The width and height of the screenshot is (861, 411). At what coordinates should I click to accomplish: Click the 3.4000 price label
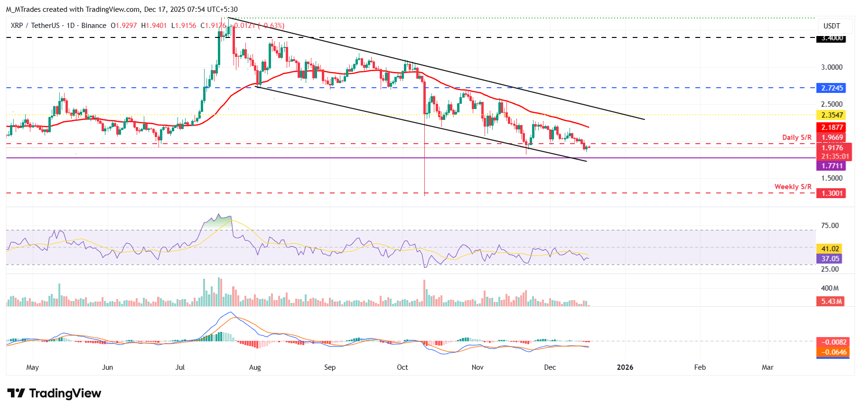pyautogui.click(x=832, y=38)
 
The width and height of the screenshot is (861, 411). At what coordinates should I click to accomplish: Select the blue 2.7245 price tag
pyautogui.click(x=832, y=88)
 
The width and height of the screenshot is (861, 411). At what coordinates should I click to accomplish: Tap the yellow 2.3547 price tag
pyautogui.click(x=832, y=115)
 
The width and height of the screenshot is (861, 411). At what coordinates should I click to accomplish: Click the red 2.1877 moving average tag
pyautogui.click(x=832, y=128)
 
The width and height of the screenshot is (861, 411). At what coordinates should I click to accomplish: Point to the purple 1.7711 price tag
pyautogui.click(x=832, y=166)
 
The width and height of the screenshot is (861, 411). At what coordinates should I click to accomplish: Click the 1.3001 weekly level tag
pyautogui.click(x=832, y=193)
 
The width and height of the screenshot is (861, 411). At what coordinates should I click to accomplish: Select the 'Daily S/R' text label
pyautogui.click(x=796, y=137)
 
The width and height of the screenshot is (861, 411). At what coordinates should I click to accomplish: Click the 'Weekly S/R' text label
pyautogui.click(x=793, y=187)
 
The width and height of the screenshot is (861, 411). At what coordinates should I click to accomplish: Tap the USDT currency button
pyautogui.click(x=832, y=26)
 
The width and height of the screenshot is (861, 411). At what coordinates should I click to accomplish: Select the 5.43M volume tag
pyautogui.click(x=831, y=301)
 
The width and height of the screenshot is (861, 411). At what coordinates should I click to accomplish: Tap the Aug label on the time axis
pyautogui.click(x=255, y=367)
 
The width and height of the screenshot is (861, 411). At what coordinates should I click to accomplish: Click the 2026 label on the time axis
pyautogui.click(x=625, y=367)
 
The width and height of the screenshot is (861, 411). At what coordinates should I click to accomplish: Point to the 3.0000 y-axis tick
pyautogui.click(x=832, y=67)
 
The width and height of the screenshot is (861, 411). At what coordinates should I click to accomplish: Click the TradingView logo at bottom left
pyautogui.click(x=54, y=393)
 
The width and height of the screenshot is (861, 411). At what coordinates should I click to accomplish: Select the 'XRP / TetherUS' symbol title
pyautogui.click(x=35, y=26)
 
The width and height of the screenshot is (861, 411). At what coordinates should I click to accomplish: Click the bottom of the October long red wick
pyautogui.click(x=424, y=194)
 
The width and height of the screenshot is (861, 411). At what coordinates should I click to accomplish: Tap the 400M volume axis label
pyautogui.click(x=830, y=288)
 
